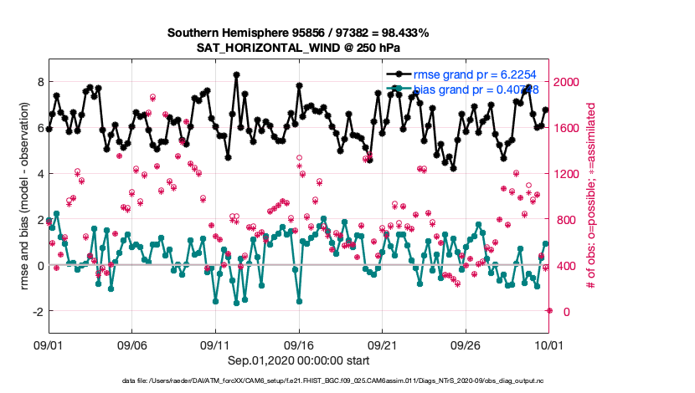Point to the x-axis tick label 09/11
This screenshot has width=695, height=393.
[x=215, y=344]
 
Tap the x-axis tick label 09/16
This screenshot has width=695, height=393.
[x=299, y=344]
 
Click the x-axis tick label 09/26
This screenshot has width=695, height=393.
[x=466, y=344]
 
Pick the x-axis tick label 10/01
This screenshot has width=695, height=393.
[x=548, y=344]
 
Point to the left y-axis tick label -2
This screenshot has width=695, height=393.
[x=36, y=311]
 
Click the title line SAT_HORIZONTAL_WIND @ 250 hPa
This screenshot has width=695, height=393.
[x=298, y=48]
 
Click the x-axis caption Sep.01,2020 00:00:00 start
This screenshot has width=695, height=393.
[x=299, y=360]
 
